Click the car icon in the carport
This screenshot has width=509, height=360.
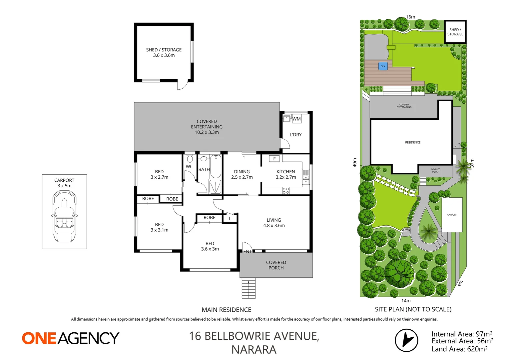[64, 217]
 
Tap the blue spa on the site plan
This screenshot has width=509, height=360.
[383, 66]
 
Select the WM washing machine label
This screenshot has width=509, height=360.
[296, 119]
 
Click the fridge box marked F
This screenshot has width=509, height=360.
[274, 159]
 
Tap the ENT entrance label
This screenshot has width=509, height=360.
[248, 251]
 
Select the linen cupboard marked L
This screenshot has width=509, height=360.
[230, 219]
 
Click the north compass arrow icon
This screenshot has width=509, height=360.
[406, 340]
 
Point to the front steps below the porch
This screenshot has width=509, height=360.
[249, 288]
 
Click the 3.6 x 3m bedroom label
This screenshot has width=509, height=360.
[210, 246]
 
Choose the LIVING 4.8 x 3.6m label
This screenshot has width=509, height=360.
[274, 223]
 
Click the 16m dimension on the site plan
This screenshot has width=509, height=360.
[410, 17]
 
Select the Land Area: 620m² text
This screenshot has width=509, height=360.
[459, 349]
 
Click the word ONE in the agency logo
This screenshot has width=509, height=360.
[39, 338]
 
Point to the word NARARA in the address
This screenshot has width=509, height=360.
[254, 350]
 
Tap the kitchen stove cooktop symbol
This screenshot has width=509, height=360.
[286, 191]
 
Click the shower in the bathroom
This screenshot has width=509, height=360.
[215, 187]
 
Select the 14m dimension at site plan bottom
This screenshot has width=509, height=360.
[406, 301]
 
